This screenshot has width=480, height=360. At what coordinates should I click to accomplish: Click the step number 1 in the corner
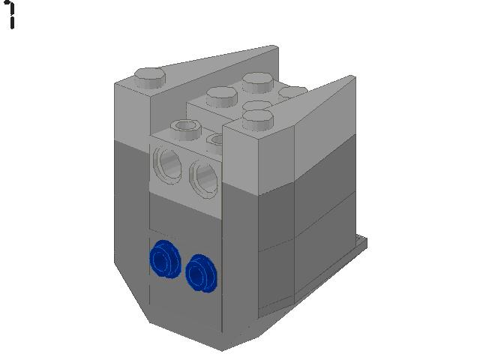11,15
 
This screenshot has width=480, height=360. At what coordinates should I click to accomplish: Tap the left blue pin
165,259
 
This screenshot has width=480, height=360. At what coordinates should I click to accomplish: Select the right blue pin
201,273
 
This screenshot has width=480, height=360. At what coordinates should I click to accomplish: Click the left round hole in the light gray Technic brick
167,165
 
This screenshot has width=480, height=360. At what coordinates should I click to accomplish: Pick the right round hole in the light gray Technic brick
203,178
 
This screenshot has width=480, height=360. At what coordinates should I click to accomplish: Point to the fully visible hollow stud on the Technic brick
186,129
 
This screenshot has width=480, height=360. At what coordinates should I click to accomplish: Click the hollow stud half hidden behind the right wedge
215,140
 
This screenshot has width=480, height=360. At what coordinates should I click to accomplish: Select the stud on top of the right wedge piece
258,119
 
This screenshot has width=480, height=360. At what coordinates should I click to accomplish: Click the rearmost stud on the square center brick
258,82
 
